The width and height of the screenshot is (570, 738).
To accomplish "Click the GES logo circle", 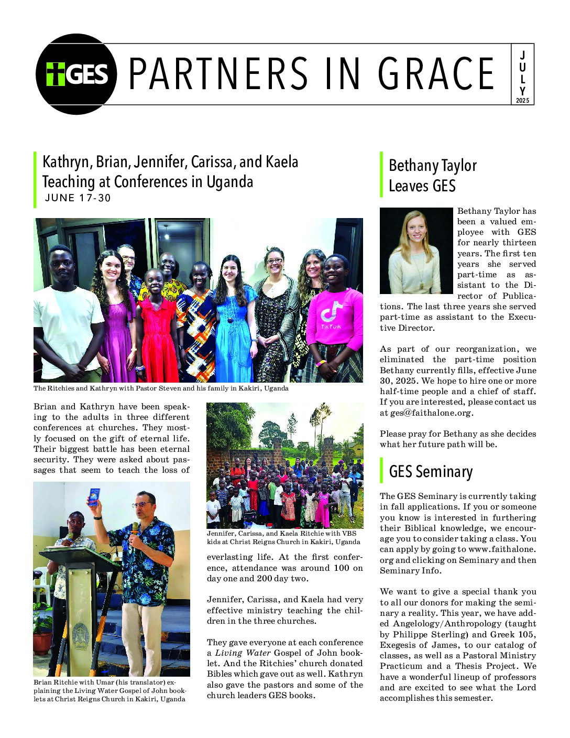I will (76, 74).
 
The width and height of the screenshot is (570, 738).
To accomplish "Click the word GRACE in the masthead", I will (436, 74).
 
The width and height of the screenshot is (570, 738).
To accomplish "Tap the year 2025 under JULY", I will (522, 100).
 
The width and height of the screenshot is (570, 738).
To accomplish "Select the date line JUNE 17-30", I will (78, 198).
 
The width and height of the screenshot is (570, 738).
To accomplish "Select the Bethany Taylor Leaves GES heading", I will (432, 176).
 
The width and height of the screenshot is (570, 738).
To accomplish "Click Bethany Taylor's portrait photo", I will (416, 251).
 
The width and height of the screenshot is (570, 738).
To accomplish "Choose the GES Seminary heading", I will (431, 472).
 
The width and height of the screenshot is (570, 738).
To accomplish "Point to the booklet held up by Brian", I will (94, 496).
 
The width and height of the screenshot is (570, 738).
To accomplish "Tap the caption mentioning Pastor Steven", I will (161, 388).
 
